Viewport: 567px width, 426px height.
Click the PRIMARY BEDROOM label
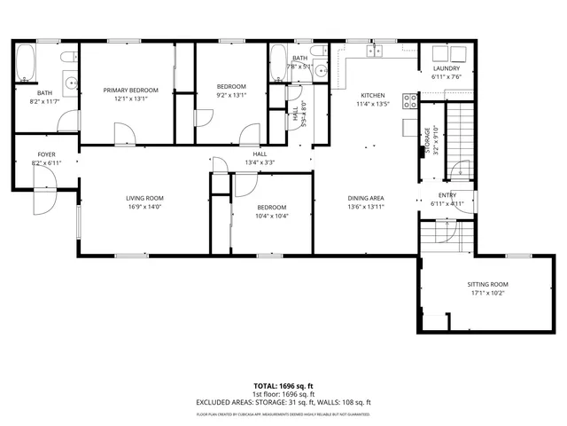pos(130,90)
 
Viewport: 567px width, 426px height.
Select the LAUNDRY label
pos(445,68)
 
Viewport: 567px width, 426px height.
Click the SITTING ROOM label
pos(487,284)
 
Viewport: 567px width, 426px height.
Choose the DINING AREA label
pos(364,198)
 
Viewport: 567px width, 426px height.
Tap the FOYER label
pos(46,154)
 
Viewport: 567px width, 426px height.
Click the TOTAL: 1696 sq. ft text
pos(283,386)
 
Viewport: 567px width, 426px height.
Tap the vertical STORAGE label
pos(428,140)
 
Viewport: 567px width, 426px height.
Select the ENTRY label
pos(447,195)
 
